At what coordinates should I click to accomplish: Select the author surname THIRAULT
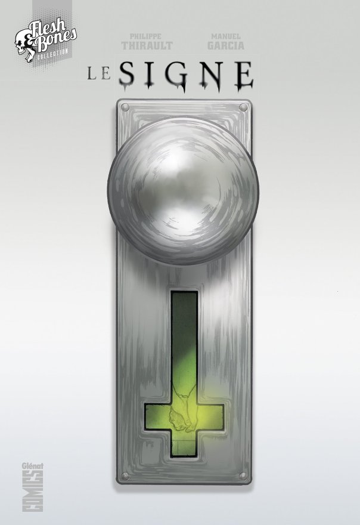click(x=138, y=45)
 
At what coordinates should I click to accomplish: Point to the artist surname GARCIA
click(x=225, y=45)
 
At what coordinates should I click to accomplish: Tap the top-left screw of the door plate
click(x=125, y=107)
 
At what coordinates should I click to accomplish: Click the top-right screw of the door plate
click(x=243, y=107)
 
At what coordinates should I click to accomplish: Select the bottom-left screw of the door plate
click(x=125, y=475)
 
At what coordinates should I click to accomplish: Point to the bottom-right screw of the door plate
click(x=243, y=475)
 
